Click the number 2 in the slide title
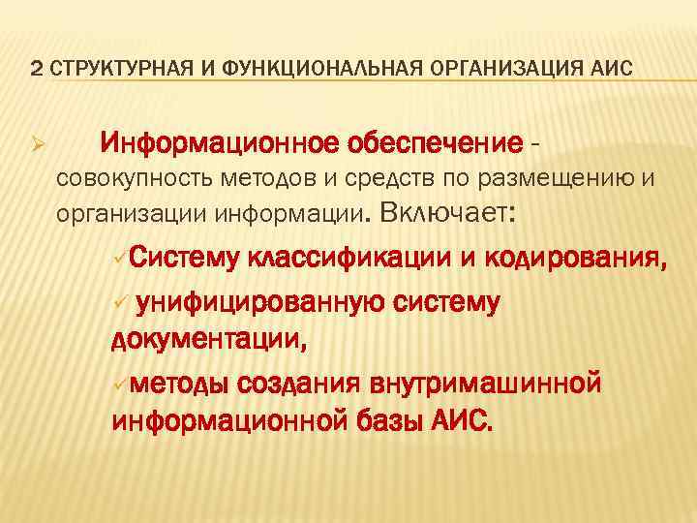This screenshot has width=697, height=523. pos(35,69)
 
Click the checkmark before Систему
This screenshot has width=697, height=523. pos(118,259)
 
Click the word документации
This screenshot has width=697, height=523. pos(210,339)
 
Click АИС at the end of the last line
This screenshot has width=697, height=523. pos(459,419)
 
